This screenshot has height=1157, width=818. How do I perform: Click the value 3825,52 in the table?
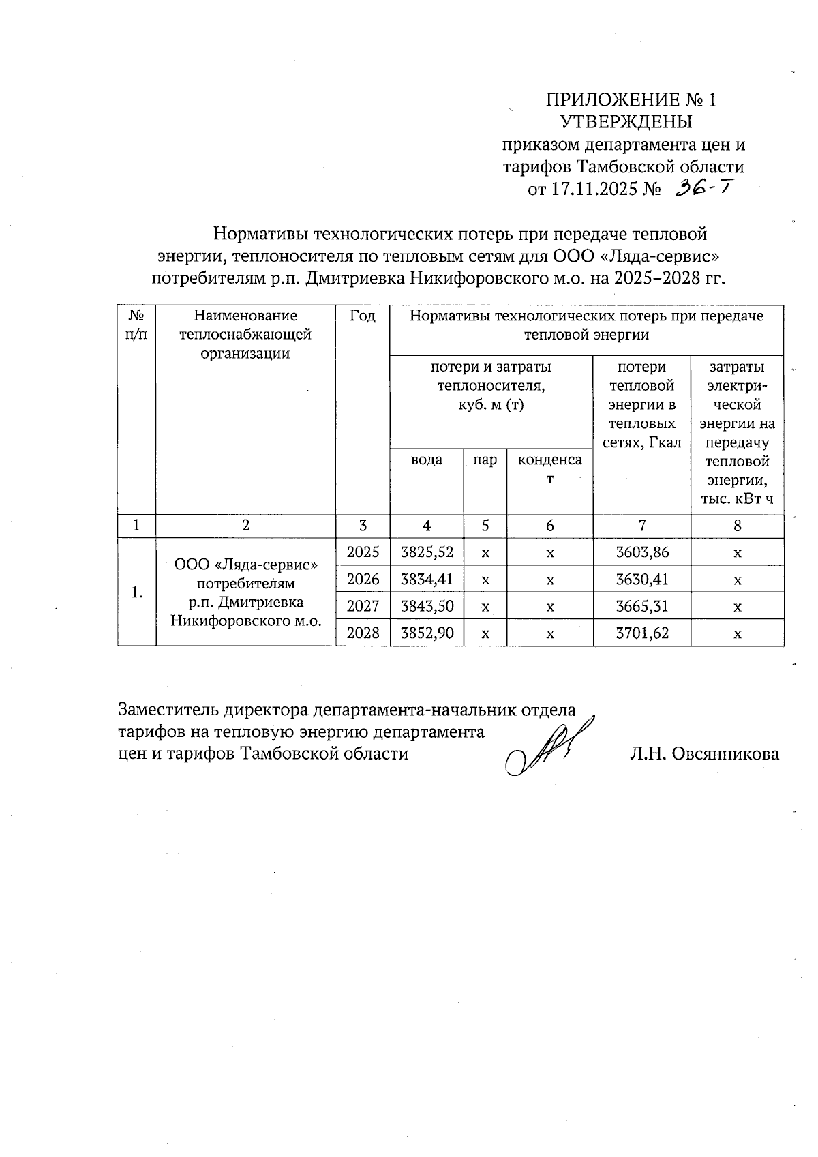click(427, 552)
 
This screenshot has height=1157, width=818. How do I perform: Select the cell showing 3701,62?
click(641, 633)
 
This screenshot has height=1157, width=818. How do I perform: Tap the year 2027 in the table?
click(363, 606)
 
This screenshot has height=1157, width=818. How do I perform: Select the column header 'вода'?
click(426, 460)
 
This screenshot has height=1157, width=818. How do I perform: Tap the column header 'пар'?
click(485, 460)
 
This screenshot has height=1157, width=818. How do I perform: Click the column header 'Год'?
click(363, 316)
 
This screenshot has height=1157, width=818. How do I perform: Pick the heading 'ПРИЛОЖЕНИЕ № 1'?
click(631, 100)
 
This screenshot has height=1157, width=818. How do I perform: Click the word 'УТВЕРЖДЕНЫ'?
click(626, 122)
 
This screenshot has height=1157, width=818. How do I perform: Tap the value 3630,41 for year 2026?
click(641, 580)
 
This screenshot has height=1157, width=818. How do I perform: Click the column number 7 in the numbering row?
click(641, 526)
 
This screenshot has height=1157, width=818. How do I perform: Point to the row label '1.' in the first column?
click(137, 592)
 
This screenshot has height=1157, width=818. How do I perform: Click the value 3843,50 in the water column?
click(427, 606)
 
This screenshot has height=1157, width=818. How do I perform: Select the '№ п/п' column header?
click(137, 325)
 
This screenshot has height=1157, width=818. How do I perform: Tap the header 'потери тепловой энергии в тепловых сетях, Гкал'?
click(641, 404)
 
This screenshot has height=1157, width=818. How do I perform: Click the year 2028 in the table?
click(363, 633)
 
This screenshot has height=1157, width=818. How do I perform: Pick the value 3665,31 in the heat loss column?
click(641, 606)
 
